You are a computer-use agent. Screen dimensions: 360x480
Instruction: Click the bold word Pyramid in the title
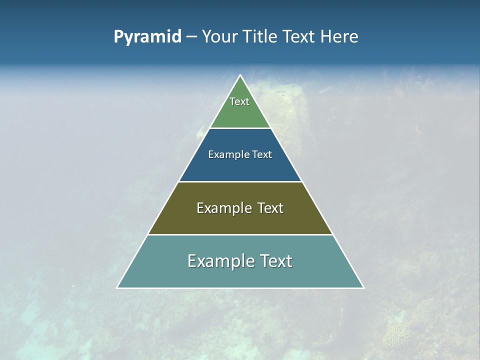tap(147, 36)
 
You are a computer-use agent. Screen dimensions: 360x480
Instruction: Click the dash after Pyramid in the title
tap(191, 37)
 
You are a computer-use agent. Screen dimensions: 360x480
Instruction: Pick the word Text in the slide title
tap(299, 36)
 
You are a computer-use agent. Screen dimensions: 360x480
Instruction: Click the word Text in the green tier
tap(239, 101)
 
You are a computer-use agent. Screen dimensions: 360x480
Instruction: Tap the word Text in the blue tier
tap(262, 154)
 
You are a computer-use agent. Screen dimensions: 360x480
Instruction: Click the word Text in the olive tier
tap(270, 208)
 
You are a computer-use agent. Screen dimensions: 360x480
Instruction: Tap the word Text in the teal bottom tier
tap(275, 261)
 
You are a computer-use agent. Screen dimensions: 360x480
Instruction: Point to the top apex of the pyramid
tap(240, 75)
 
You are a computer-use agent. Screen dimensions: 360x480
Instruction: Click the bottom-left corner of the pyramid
tap(117, 287)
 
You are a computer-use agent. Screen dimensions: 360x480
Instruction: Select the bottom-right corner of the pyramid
tap(363, 287)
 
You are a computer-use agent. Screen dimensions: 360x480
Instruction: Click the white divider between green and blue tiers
tap(240, 128)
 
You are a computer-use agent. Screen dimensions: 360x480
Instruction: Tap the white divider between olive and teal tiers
tap(240, 234)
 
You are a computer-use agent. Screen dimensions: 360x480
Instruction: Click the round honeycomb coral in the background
tap(394, 336)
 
